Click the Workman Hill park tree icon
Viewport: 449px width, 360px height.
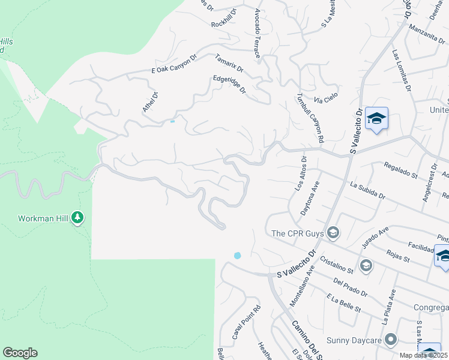coord(77,217)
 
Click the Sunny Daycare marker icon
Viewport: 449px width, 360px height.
coord(391,340)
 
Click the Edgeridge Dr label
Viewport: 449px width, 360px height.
coord(230,84)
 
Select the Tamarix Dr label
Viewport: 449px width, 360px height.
coord(229,63)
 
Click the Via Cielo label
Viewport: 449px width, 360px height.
coord(327,95)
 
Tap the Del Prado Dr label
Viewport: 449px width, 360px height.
coord(349,287)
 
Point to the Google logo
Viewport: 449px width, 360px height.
coord(20,353)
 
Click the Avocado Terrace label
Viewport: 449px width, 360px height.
coord(257,34)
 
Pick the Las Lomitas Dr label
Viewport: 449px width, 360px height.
coord(402,70)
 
